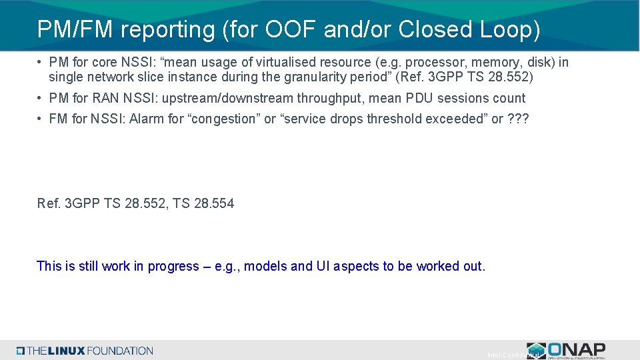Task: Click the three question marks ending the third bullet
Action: (518, 119)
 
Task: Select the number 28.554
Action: (213, 203)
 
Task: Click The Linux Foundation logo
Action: (85, 351)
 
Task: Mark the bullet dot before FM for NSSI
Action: (41, 119)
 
